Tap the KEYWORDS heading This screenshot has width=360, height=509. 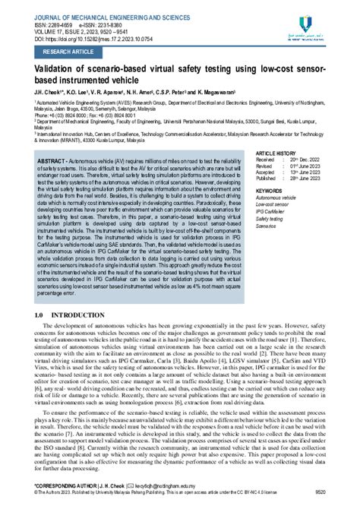pos(270,169)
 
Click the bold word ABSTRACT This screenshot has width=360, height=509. pos(50,141)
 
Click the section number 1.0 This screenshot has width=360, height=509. pos(39,271)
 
